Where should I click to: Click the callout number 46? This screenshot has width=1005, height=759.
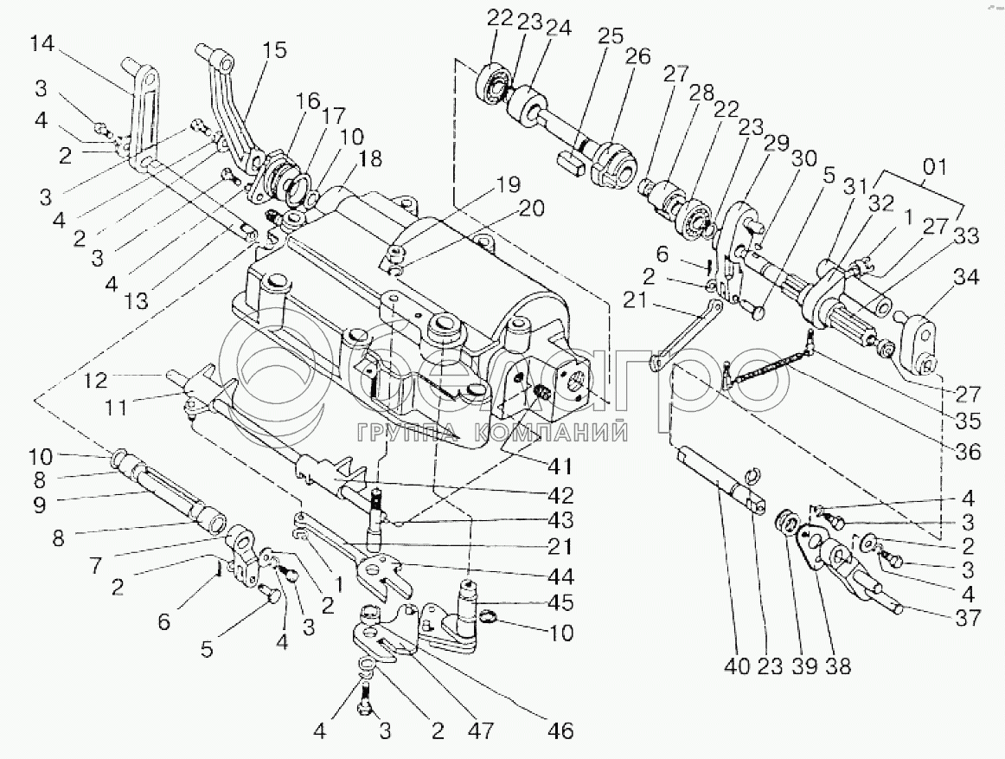[x=560, y=730]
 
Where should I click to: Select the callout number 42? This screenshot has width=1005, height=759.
[x=560, y=497]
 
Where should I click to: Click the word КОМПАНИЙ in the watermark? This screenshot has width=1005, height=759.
[x=567, y=430]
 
